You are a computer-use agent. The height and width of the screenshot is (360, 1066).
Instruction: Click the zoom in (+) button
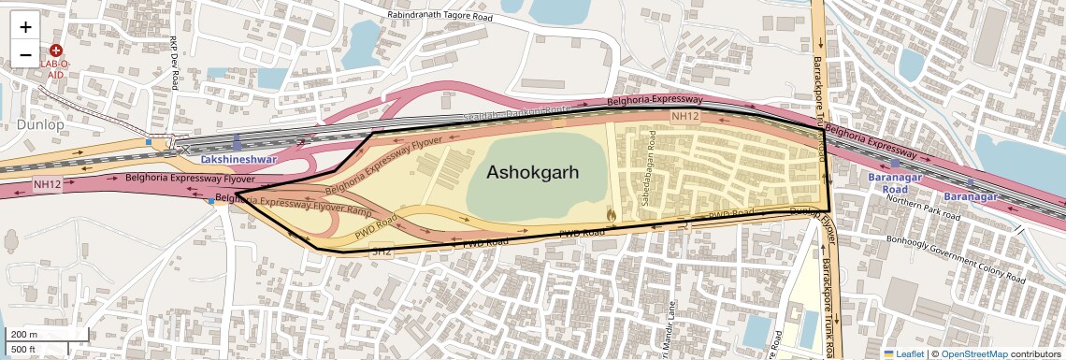[x=25, y=27]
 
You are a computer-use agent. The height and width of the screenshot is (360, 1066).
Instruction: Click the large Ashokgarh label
[x=532, y=173]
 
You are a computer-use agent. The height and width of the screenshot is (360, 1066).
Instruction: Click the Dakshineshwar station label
[x=235, y=161]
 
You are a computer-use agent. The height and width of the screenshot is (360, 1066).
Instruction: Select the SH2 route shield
[x=382, y=252]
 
